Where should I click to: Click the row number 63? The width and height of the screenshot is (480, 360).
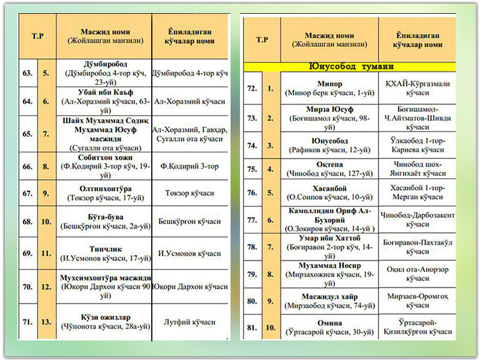click(27, 74)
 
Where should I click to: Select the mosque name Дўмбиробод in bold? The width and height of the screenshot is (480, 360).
click(104, 64)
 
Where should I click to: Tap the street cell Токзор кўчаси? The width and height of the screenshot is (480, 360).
click(190, 193)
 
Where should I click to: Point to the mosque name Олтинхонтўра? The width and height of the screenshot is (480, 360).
click(105, 188)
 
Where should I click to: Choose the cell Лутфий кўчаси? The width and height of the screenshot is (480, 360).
click(190, 322)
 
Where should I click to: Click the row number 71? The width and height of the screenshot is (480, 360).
click(27, 322)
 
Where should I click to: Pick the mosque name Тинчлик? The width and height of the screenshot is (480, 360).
click(105, 249)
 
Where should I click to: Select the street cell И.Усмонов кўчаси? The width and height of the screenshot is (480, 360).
click(190, 254)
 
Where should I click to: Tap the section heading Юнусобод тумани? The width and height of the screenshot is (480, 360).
click(351, 67)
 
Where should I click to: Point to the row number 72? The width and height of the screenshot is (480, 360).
click(252, 89)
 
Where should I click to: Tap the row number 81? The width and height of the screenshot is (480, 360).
click(252, 328)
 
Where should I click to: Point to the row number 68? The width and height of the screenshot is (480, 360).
click(27, 222)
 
